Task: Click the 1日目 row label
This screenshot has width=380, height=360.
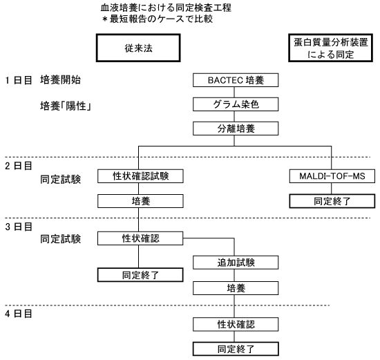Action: coord(19,80)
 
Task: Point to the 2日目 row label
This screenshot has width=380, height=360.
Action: coord(19,166)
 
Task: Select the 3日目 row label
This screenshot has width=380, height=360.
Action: coord(19,227)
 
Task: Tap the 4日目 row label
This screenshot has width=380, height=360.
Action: coord(19,314)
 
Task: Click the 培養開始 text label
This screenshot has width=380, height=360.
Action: coord(60,79)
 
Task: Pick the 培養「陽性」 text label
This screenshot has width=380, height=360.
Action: coord(66,106)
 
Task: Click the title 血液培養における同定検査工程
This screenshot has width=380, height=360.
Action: coord(166,8)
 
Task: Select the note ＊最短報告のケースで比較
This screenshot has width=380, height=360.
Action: coord(158,19)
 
